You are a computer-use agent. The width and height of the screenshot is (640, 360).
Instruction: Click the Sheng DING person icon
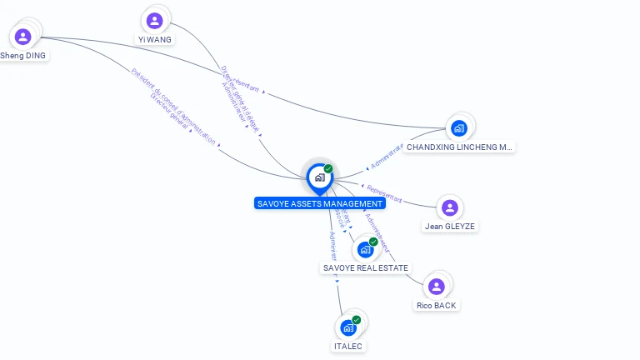(22, 37)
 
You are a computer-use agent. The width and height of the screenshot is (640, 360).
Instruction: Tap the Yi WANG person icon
(154, 21)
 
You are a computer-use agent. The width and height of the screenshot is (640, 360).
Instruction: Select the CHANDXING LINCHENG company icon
(458, 128)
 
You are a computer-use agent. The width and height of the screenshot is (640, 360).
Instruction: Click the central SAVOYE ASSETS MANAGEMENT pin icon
(319, 177)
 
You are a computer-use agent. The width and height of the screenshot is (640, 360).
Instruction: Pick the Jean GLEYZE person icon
(450, 207)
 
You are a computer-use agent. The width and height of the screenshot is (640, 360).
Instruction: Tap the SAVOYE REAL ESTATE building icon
(365, 249)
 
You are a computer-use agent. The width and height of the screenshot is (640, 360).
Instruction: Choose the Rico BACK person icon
(436, 287)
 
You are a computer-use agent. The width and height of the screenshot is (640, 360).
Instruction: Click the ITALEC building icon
(348, 327)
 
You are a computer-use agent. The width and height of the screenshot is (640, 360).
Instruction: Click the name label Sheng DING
(23, 56)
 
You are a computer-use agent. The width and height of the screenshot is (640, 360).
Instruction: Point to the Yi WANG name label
(154, 39)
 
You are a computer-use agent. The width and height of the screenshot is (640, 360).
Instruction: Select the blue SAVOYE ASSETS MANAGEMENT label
(320, 203)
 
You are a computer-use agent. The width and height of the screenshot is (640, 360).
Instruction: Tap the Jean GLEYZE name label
(450, 226)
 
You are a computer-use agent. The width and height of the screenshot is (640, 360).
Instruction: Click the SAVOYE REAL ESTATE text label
(365, 267)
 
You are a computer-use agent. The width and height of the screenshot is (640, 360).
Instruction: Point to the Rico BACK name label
(437, 305)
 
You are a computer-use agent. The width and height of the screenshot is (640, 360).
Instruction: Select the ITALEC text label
(348, 346)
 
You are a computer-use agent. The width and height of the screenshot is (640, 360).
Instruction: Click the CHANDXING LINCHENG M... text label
(459, 147)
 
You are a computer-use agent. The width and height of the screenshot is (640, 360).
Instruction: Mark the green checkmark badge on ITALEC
(357, 319)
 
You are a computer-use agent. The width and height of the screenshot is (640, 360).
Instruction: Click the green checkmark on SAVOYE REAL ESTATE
(373, 242)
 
